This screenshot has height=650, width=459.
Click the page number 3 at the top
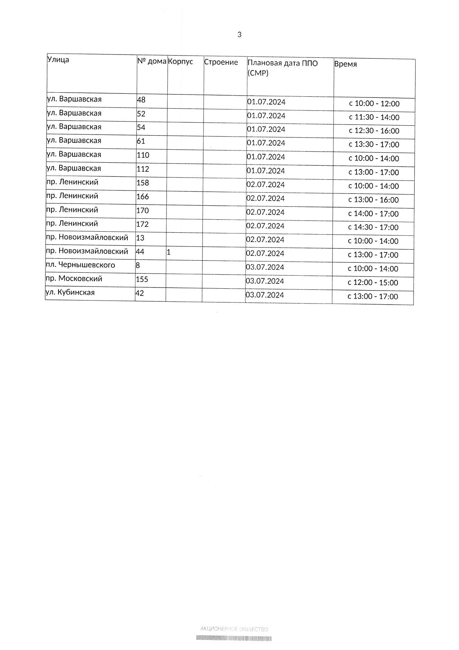tap(239, 35)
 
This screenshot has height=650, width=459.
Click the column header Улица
tap(58, 59)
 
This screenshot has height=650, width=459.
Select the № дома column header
tap(152, 61)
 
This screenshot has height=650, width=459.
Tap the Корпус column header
tap(181, 62)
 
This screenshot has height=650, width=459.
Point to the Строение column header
tap(221, 62)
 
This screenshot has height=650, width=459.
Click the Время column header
tap(345, 64)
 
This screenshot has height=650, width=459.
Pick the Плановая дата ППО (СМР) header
tap(282, 67)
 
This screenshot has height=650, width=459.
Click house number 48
tap(141, 100)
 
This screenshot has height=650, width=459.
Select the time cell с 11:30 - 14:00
tap(374, 117)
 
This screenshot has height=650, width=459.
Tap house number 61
tap(141, 141)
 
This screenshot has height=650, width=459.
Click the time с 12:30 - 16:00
tap(374, 131)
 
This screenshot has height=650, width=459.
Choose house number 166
tap(143, 196)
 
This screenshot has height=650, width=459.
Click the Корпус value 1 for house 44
tap(168, 252)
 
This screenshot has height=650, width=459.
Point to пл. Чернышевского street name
tap(80, 265)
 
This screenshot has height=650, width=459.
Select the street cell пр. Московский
tap(74, 279)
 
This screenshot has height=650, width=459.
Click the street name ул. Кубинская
tap(70, 292)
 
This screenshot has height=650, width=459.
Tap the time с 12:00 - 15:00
tap(373, 283)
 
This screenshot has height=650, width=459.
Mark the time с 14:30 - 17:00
tap(373, 228)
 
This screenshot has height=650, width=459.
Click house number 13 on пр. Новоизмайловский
tap(140, 238)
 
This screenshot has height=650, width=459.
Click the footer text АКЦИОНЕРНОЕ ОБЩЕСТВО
tap(234, 629)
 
